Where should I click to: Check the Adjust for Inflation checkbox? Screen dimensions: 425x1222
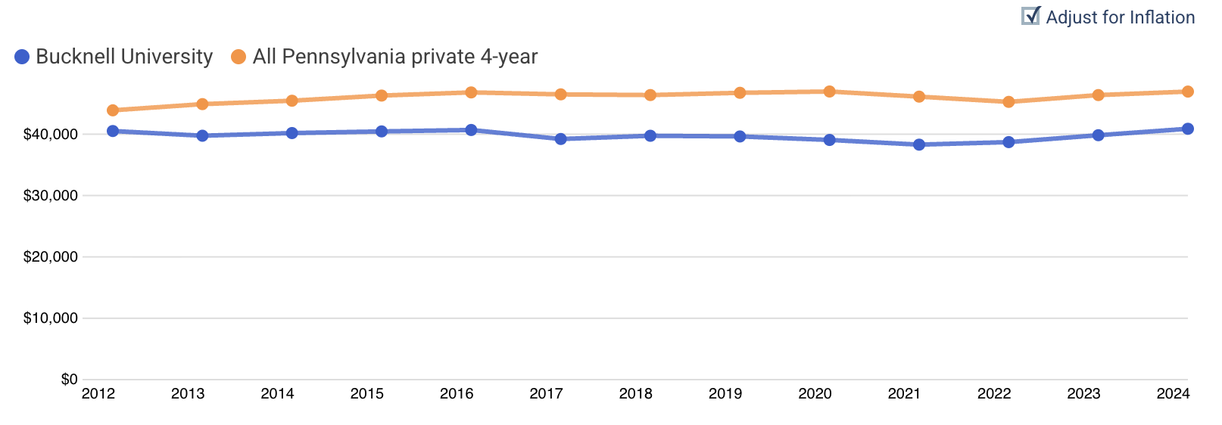click(x=1030, y=16)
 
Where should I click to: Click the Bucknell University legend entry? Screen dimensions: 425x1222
click(x=114, y=57)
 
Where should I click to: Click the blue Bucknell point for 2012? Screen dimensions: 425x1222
click(x=113, y=131)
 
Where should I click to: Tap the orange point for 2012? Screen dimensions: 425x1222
click(x=113, y=110)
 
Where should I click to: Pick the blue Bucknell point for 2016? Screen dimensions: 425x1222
click(x=471, y=130)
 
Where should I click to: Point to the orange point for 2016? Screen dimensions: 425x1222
click(x=471, y=92)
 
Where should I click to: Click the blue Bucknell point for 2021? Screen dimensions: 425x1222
click(x=919, y=144)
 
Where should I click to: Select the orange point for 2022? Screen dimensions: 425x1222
click(x=1008, y=101)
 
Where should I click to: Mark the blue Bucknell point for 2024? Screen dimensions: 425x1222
click(x=1188, y=129)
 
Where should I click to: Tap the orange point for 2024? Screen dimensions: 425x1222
click(x=1188, y=92)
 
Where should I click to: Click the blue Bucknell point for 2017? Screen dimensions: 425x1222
click(x=561, y=139)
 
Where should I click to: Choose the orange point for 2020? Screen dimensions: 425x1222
click(x=830, y=92)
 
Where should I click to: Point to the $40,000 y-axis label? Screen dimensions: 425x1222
click(x=50, y=135)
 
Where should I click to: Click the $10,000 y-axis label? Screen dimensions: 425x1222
click(x=50, y=318)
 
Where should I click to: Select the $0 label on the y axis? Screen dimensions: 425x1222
click(x=69, y=380)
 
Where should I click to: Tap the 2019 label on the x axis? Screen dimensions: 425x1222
click(x=725, y=394)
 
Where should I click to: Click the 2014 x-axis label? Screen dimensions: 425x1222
click(x=277, y=394)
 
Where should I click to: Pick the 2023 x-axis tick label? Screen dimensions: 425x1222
click(x=1083, y=394)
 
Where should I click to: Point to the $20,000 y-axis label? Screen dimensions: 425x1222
click(x=50, y=257)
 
